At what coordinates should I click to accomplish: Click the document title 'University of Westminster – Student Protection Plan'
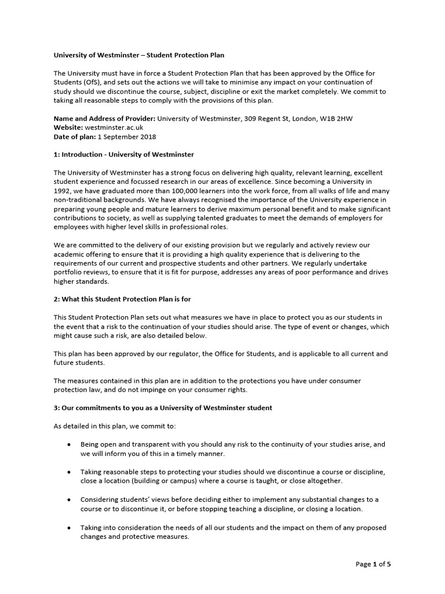138,55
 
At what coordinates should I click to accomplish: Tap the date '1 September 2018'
127,136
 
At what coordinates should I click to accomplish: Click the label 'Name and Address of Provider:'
104,118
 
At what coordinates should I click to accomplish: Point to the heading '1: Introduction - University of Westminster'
123,155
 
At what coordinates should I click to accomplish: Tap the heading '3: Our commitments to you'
163,408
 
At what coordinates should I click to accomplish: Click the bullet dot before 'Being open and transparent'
70,444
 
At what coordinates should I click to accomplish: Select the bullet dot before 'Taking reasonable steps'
70,472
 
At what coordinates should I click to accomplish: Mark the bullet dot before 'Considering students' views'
70,499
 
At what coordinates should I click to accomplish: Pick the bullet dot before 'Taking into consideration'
70,527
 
